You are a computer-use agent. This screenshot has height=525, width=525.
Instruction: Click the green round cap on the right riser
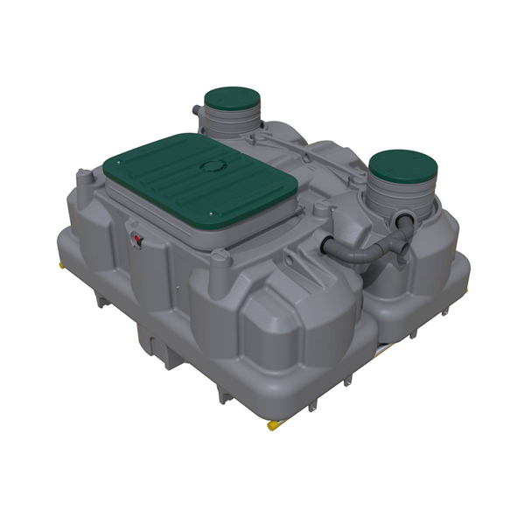point(402,164)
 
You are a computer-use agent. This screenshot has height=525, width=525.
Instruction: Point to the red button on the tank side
point(136,238)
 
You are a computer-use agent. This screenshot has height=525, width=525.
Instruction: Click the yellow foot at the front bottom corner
point(272,426)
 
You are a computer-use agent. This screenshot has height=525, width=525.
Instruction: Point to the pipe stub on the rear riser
point(197,111)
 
